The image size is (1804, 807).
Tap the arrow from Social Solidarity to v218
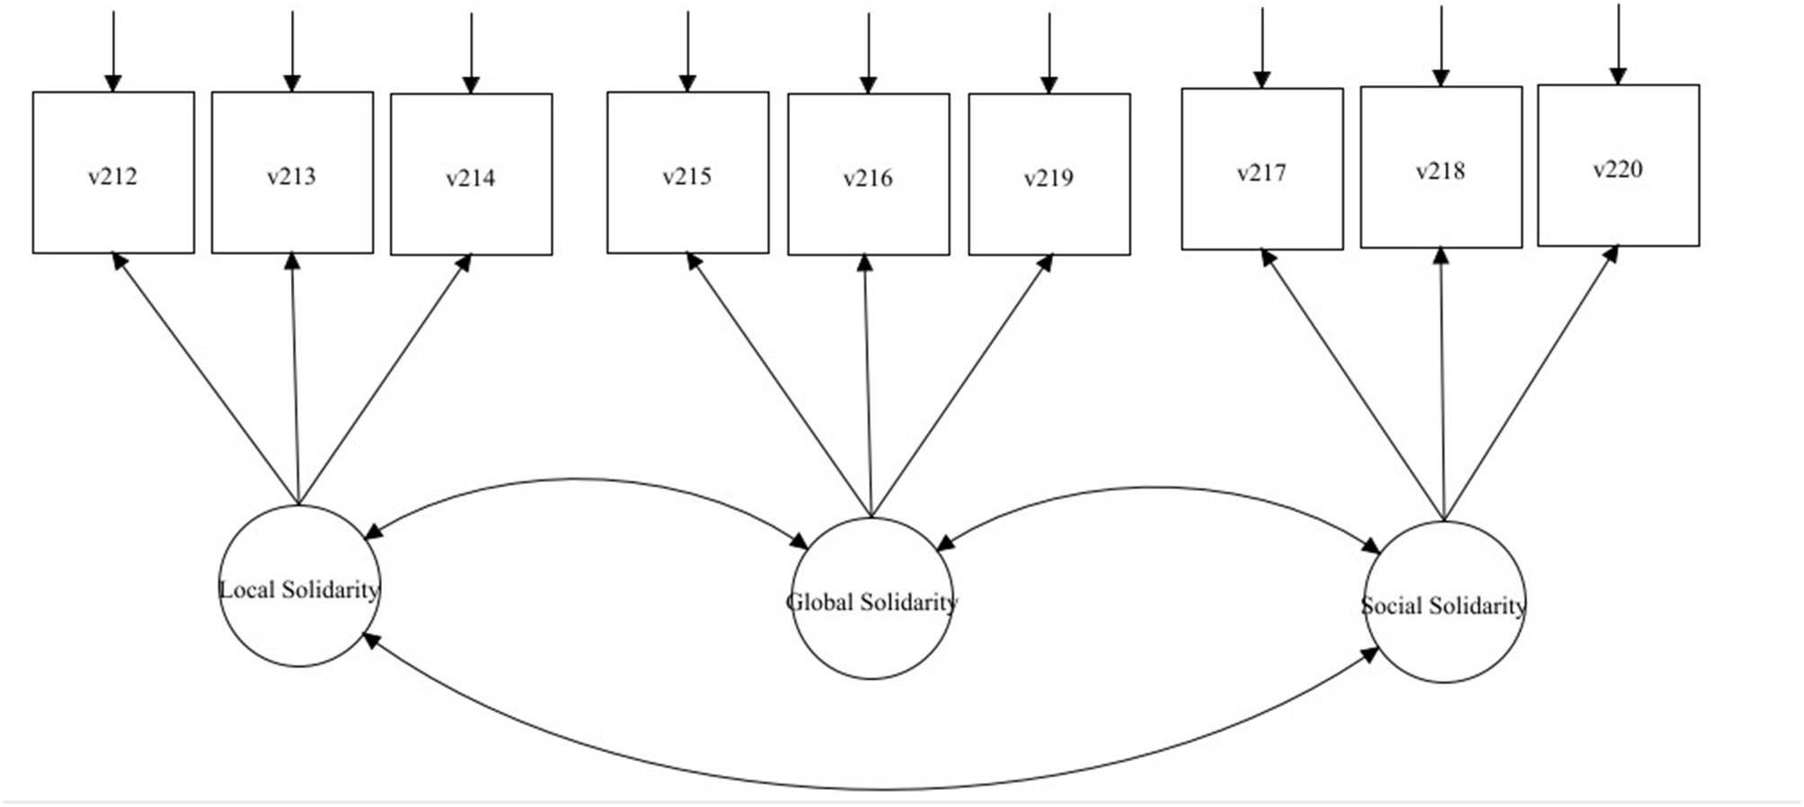coord(1442,386)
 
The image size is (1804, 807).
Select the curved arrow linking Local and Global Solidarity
coord(579,479)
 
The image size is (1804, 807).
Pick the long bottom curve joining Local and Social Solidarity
coord(880,789)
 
